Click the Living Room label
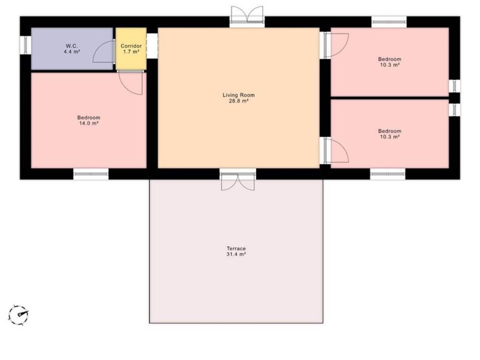click(x=239, y=95)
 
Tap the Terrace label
click(x=236, y=248)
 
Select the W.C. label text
click(x=72, y=46)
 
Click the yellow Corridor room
click(x=131, y=49)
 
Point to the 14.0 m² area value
click(x=89, y=123)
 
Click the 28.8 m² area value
click(x=239, y=101)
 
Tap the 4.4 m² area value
click(x=72, y=52)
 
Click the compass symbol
click(x=18, y=315)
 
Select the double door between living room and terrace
click(x=238, y=181)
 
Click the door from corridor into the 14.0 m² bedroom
click(x=131, y=82)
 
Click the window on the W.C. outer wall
click(x=25, y=45)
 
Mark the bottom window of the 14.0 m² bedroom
click(x=91, y=174)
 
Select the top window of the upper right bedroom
click(x=389, y=22)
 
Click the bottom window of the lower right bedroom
click(x=388, y=174)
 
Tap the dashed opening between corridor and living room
click(x=152, y=45)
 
